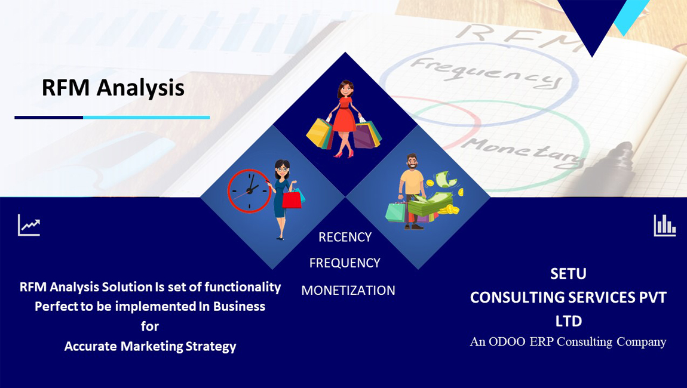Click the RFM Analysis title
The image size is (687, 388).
113,88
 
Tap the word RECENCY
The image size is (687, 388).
345,237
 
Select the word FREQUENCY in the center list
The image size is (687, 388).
345,263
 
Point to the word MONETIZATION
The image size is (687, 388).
348,290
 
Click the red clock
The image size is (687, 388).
248,191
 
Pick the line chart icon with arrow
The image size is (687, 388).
29,225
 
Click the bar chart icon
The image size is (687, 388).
664,225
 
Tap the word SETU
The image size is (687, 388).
568,273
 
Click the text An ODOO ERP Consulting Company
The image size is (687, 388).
568,341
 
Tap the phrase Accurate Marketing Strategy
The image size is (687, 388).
150,346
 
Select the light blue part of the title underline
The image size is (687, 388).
146,118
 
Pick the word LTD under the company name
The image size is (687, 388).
568,321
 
